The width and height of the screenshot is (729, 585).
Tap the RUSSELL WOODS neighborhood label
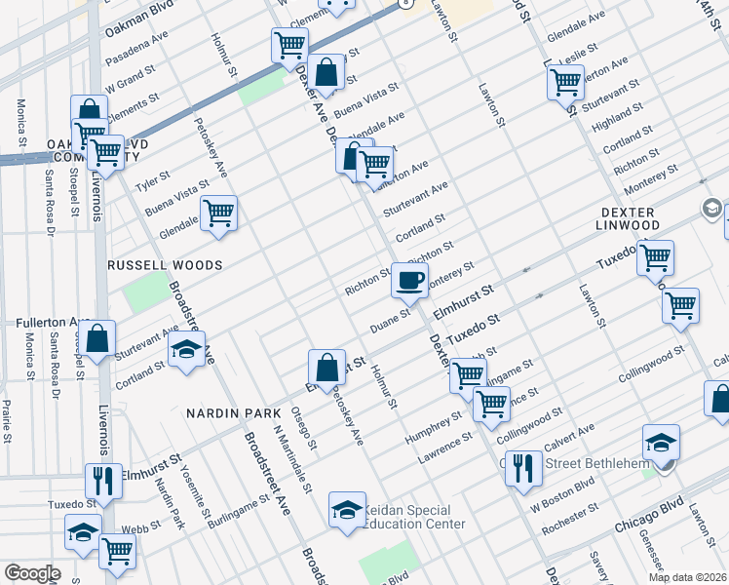coord(167,265)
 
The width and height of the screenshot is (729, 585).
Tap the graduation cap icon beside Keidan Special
coord(347,510)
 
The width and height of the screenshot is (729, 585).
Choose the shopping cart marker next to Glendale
coord(219,213)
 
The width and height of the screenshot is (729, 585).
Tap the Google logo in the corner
coord(32,573)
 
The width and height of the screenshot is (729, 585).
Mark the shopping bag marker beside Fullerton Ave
coord(98,340)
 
